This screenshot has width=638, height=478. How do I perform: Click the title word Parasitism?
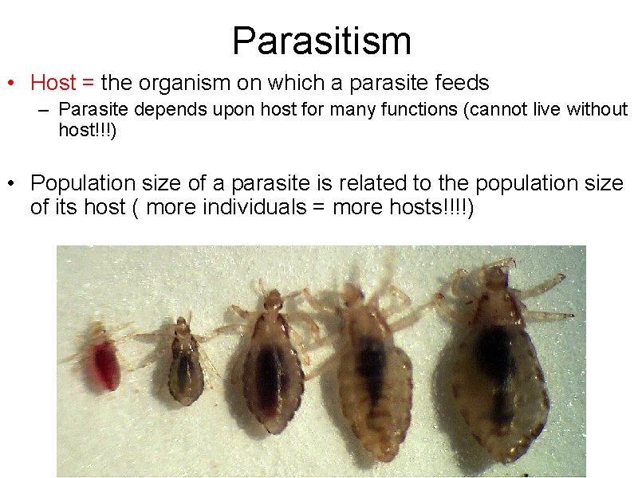[321, 41]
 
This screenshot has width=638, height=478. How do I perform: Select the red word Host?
[53, 83]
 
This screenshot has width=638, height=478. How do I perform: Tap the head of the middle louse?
[273, 301]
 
